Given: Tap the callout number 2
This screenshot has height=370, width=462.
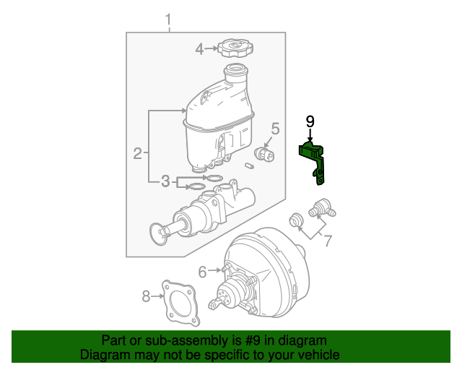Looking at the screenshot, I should click(x=137, y=152).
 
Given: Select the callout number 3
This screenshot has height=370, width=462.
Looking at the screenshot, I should click(x=165, y=181).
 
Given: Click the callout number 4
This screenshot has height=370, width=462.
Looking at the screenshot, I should click(x=200, y=49).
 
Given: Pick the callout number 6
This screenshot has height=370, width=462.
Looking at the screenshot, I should click(x=203, y=271).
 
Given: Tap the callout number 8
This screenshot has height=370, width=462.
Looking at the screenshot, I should click(x=146, y=295).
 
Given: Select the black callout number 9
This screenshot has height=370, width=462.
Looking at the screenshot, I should click(x=310, y=121).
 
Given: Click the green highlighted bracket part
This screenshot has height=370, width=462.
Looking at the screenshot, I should click(x=315, y=160).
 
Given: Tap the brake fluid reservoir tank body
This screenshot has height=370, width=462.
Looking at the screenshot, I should click(x=217, y=126).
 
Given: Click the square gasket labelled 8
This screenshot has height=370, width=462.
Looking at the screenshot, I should click(x=178, y=303).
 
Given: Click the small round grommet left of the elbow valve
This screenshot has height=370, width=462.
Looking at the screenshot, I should click(x=295, y=220).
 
